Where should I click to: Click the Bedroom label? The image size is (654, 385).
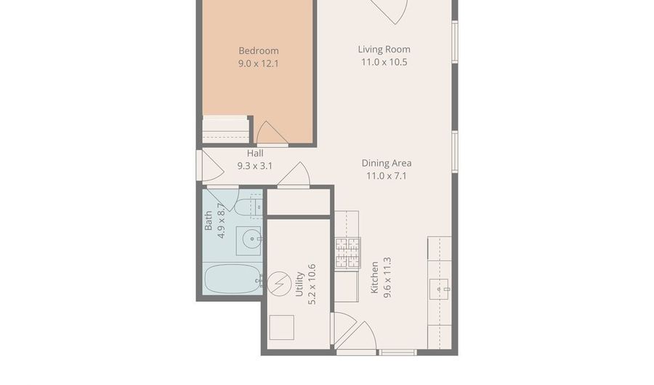point(258,51)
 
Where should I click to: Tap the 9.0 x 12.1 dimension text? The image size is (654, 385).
point(258,63)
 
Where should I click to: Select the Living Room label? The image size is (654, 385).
point(384,49)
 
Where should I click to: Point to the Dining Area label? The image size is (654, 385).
point(387,163)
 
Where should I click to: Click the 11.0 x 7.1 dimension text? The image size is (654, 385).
point(387,175)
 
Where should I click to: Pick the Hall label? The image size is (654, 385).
point(254,154)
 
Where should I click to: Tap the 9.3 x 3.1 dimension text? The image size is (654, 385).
point(254,166)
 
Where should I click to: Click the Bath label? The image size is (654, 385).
point(209,221)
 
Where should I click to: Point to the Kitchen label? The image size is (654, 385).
point(375,277)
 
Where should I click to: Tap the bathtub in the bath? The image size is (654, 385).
point(231,279)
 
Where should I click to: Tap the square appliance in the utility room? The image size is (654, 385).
point(281,328)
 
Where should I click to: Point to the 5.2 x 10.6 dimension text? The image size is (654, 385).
point(312,285)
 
